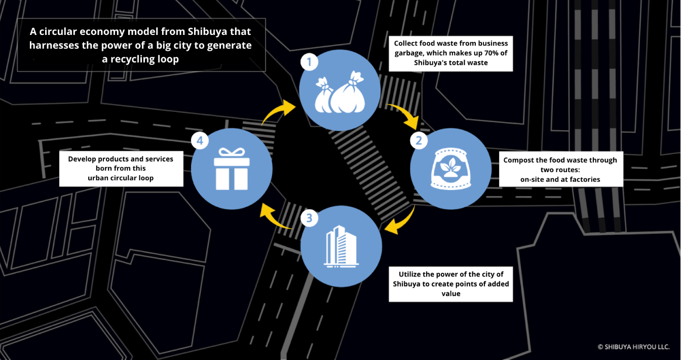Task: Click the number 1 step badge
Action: [309, 63]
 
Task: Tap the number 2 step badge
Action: [419, 140]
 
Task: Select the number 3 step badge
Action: [309, 218]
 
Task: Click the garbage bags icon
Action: [339, 94]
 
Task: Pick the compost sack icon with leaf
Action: [450, 168]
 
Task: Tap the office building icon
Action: [341, 246]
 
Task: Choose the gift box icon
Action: [232, 168]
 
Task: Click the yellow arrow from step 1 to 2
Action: [404, 114]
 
